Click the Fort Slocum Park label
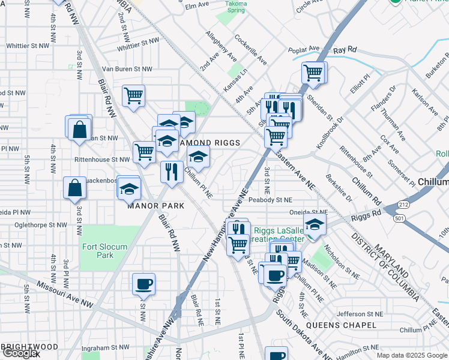[x=97, y=250]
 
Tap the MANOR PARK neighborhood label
[x=154, y=205]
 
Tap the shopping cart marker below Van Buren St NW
[x=133, y=96]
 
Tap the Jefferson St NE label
[x=342, y=313]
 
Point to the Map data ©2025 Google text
[x=412, y=355]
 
